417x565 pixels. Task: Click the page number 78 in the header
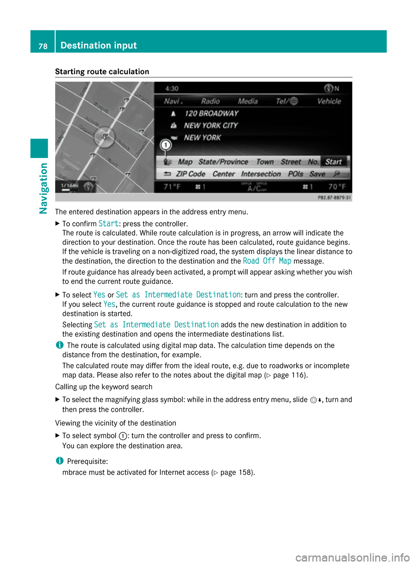(x=43, y=46)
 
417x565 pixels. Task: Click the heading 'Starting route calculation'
(x=102, y=72)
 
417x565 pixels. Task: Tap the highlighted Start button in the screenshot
(x=334, y=162)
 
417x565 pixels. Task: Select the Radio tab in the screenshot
(x=210, y=101)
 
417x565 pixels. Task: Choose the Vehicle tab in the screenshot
(x=329, y=101)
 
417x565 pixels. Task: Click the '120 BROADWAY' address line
(x=212, y=113)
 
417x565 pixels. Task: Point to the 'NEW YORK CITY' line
(x=211, y=125)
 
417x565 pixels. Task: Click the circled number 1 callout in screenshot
(x=165, y=145)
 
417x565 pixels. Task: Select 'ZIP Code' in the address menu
(x=190, y=174)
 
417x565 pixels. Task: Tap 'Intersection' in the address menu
(x=261, y=174)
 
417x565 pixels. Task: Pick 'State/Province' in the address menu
(x=223, y=162)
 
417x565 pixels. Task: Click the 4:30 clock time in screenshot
(x=172, y=89)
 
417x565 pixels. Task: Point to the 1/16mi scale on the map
(x=69, y=186)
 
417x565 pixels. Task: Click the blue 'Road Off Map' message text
(x=267, y=261)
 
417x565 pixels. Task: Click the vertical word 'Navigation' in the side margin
(x=43, y=188)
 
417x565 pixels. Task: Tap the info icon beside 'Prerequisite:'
(x=59, y=461)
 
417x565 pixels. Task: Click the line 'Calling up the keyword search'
(x=104, y=387)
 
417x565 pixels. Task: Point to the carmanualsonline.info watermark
(x=352, y=557)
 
